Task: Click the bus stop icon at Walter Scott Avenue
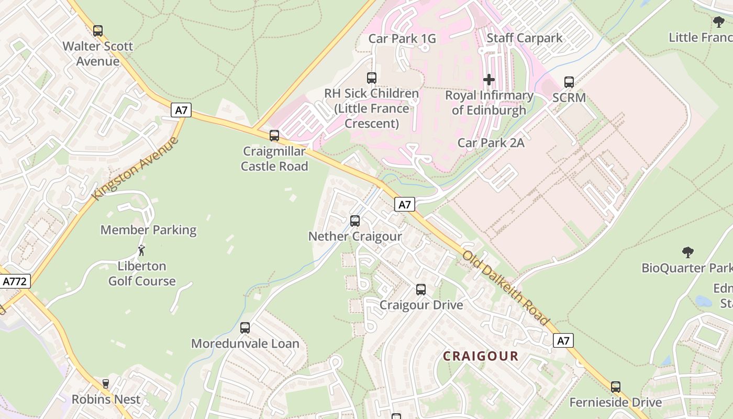pos(98,31)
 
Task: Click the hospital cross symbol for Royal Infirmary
pos(488,80)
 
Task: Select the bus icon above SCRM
pos(569,82)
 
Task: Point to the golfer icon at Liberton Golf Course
pos(141,250)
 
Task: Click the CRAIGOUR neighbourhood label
pos(481,356)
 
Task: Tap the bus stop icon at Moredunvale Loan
pos(245,328)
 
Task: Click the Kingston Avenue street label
pos(135,168)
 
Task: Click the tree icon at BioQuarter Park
pos(688,252)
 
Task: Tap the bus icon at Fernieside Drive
pos(616,387)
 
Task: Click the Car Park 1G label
pos(402,38)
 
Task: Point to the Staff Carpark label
pos(525,38)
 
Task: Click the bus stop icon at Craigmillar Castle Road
pos(274,136)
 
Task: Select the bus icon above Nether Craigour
pos(355,221)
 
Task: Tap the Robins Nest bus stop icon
pos(106,384)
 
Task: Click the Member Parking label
pos(148,230)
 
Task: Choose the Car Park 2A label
pos(491,142)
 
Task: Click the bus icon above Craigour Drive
pos(421,290)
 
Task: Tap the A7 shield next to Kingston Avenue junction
pos(181,110)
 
